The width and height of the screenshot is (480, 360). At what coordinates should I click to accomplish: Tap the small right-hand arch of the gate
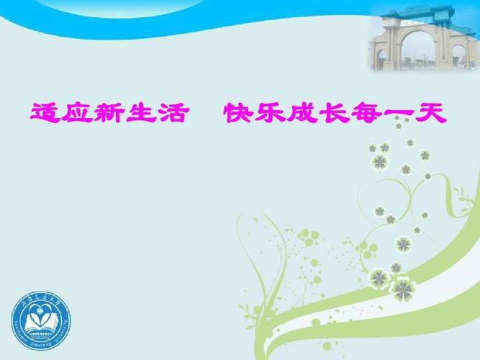[461, 53]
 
